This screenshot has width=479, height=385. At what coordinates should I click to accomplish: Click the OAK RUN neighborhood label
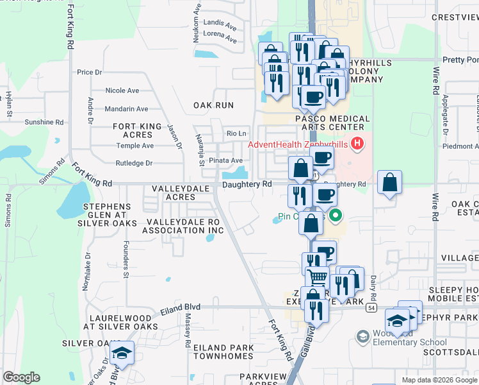point(213,105)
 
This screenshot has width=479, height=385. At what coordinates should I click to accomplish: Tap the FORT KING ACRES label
point(133,131)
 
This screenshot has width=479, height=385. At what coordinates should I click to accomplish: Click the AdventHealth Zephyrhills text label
point(298,144)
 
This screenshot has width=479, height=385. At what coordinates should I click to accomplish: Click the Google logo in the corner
point(21,377)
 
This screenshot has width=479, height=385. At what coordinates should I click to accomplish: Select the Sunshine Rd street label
point(44,122)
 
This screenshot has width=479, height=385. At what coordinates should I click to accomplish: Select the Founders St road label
point(126,256)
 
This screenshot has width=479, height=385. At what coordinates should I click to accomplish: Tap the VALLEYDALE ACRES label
point(172,193)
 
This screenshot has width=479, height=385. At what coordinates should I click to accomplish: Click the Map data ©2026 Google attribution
point(439,380)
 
